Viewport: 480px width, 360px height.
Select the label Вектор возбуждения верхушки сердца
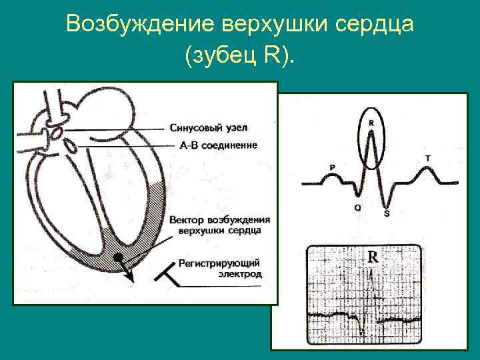coord(219,225)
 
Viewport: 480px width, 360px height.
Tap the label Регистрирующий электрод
coord(220,268)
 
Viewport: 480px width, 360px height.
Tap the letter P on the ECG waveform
coord(332,167)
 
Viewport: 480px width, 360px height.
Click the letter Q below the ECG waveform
coord(357,208)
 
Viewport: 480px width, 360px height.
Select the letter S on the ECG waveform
coord(387,213)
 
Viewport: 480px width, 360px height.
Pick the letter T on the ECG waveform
coord(427,158)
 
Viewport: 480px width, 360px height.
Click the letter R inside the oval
coord(371,123)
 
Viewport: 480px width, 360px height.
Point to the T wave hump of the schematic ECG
coord(427,171)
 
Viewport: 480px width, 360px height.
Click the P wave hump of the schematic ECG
coord(332,176)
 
